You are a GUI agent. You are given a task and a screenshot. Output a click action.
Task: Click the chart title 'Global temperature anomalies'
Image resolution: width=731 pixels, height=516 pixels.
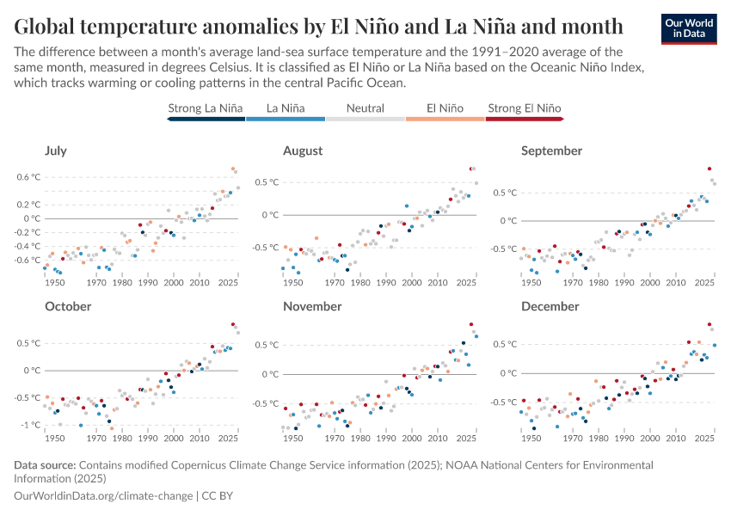click(318, 24)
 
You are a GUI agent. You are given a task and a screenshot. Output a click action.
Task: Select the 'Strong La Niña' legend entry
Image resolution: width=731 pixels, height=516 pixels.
click(206, 108)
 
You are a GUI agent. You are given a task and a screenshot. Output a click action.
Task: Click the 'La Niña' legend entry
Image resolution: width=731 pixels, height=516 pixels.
click(285, 108)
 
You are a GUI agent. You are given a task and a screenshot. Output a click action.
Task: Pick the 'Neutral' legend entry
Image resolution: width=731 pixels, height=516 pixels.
click(365, 108)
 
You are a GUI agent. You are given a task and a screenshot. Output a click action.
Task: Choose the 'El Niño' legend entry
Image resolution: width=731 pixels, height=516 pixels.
click(445, 108)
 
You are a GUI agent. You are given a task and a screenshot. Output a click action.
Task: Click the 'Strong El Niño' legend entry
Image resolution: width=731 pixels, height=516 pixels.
click(524, 108)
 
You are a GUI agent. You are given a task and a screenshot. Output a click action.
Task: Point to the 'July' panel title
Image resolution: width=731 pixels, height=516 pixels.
click(56, 150)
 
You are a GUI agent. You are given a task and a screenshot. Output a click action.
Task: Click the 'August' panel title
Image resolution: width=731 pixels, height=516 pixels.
click(303, 150)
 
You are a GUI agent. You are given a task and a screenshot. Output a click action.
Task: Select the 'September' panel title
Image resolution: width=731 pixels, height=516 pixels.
click(551, 150)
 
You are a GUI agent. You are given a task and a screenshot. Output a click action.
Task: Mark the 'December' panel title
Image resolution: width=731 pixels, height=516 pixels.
click(550, 306)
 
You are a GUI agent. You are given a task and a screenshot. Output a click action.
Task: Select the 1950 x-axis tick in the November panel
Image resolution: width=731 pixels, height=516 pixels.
click(293, 438)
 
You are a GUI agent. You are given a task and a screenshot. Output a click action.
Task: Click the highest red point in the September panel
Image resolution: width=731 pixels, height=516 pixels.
click(709, 169)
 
